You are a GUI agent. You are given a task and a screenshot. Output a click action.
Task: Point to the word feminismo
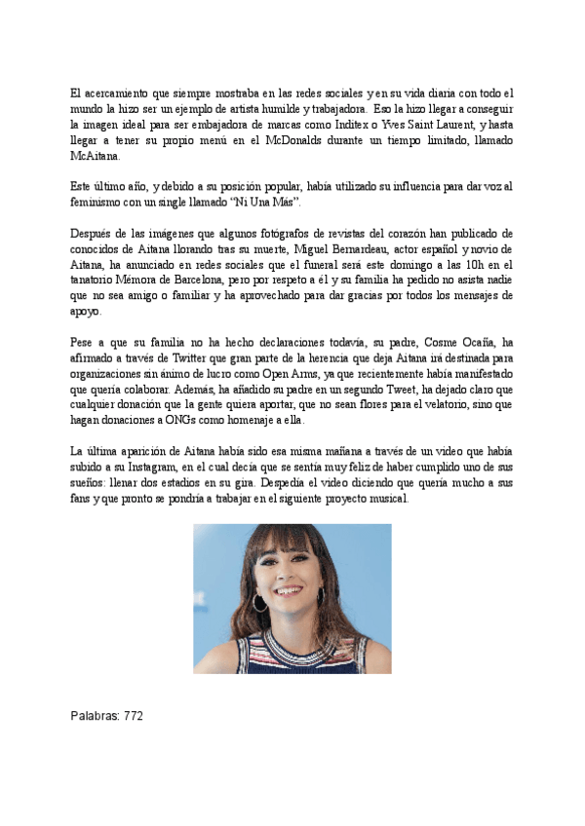99,200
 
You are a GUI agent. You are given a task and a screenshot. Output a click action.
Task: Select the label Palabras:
92,714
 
